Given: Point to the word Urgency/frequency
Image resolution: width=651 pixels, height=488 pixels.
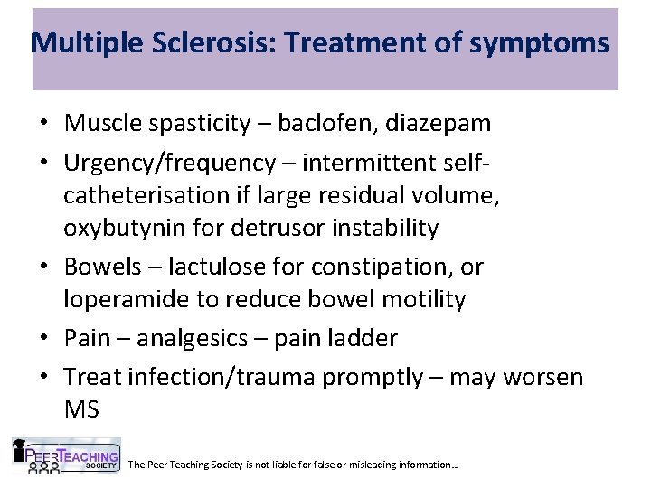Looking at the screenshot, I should (x=169, y=163).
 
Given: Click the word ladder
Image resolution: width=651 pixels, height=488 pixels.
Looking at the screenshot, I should (x=361, y=338).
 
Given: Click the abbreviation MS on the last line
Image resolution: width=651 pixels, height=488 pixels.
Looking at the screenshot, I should (x=82, y=409).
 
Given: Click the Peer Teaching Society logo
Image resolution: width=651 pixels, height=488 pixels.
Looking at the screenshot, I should (x=65, y=456).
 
